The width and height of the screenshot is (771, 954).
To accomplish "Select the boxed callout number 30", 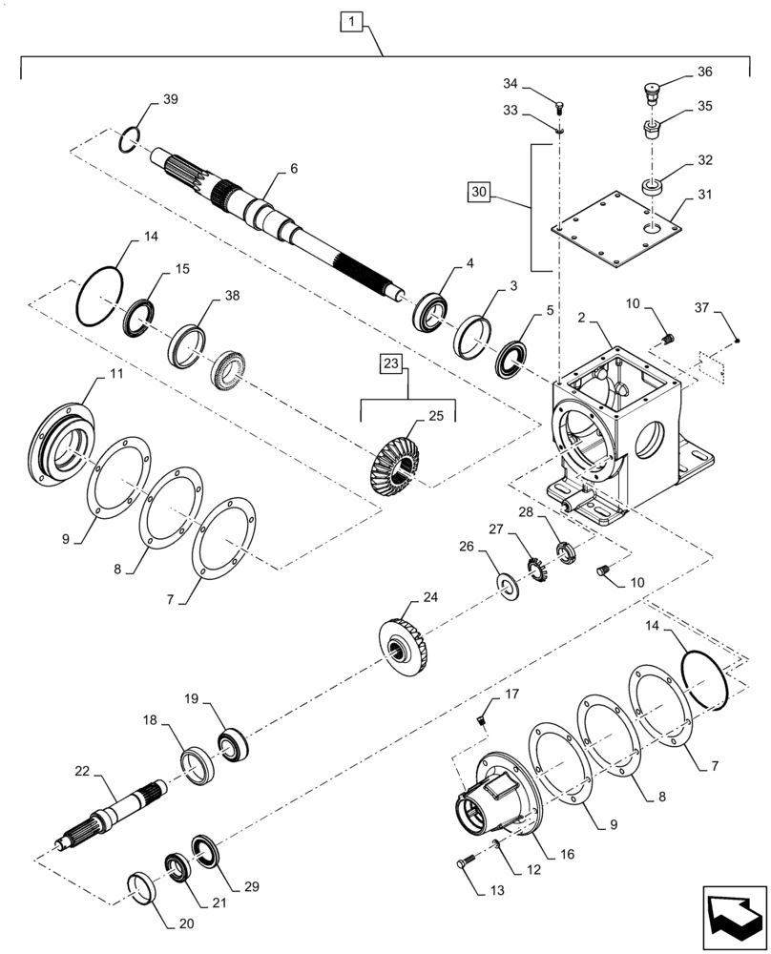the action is tap(479, 192).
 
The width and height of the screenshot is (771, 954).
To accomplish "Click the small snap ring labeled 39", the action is tap(131, 140).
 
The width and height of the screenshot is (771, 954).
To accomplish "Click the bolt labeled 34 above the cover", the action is tap(561, 107).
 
